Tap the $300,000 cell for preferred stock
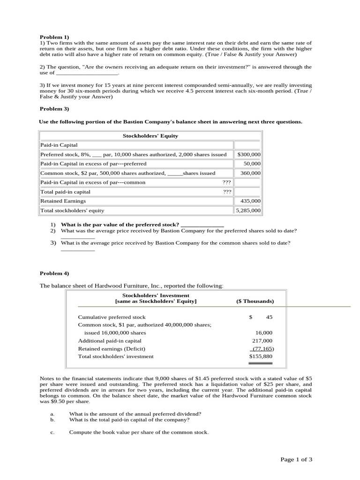[249, 154]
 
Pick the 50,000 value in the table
[252, 164]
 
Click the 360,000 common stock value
[251, 173]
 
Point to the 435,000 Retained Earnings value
[251, 201]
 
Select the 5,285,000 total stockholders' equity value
[248, 210]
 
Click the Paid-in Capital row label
[59, 145]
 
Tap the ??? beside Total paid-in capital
[227, 192]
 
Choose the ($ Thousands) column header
[255, 301]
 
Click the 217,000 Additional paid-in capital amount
[262, 341]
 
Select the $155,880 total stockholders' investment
[260, 356]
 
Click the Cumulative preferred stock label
[112, 317]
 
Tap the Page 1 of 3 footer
[296, 459]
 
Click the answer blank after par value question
[202, 225]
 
